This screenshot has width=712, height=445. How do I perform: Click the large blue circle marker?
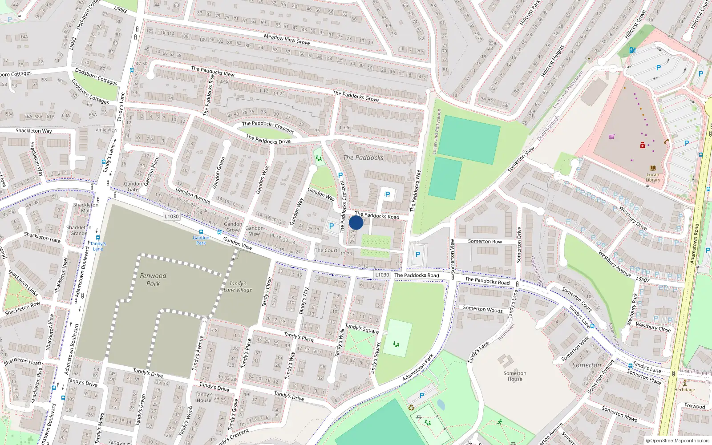point(356,222)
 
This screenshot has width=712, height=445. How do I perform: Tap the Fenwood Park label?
point(153,279)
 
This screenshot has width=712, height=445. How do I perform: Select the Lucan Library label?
point(653,177)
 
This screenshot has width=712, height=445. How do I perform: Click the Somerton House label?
point(515,376)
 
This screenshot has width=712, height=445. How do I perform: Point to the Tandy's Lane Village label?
point(238,287)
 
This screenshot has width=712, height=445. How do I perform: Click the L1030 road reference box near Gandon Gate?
point(171,216)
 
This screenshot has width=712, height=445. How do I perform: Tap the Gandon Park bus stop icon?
point(201,232)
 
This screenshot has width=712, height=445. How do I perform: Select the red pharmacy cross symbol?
point(643,146)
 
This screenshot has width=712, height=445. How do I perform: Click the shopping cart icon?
point(611,137)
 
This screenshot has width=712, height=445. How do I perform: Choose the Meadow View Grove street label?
point(287,39)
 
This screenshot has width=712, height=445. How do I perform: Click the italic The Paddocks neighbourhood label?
point(363,158)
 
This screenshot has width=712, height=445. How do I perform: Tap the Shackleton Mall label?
point(85,208)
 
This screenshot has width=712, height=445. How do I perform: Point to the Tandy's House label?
point(204,397)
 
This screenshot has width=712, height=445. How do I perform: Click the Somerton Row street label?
point(485,241)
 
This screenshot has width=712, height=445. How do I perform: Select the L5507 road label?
point(643,279)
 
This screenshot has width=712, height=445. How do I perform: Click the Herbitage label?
point(684,389)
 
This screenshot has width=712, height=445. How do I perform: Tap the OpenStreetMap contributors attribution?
point(678,441)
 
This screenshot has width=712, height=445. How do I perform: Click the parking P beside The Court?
point(332,226)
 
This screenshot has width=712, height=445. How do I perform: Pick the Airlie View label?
point(106,130)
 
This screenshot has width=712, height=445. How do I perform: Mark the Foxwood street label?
point(695,406)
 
